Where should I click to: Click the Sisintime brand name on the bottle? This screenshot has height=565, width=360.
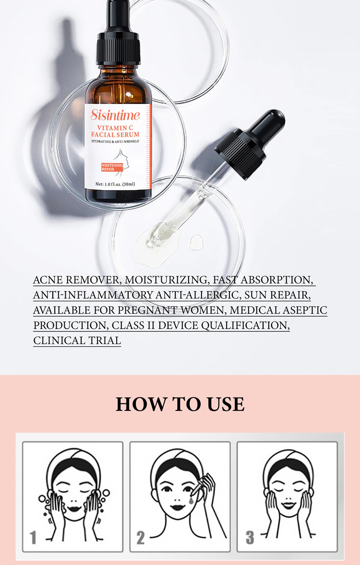pos(115,115)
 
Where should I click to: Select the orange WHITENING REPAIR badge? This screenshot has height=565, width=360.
pos(112,167)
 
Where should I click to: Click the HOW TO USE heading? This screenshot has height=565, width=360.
pos(180,404)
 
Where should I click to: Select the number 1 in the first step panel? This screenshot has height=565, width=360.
pos(33,537)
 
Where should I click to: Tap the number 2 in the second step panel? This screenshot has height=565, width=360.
pos(140,537)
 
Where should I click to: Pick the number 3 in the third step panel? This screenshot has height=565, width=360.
pos(250,537)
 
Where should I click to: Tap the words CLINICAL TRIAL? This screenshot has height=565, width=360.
pos(77,341)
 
